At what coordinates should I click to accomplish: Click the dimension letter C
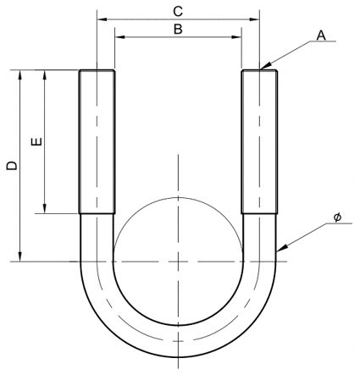point(177,11)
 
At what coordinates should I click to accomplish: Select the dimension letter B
point(177,29)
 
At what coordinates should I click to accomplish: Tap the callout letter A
point(321,35)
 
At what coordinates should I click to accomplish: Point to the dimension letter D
point(10,167)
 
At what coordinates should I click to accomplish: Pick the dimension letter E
point(36,142)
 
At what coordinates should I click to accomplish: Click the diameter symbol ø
point(337,218)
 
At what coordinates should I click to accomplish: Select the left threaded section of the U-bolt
point(97,142)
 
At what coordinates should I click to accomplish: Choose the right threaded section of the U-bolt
point(259,142)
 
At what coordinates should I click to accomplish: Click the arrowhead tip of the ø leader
point(278,251)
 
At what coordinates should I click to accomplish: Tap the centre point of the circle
point(178,262)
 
